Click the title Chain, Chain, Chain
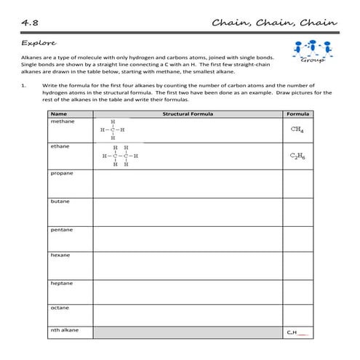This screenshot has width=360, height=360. [274, 22]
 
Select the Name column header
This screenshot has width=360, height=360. [59, 114]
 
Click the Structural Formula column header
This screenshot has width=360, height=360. [187, 114]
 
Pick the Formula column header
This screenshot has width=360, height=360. [298, 114]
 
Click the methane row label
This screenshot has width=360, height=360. [63, 121]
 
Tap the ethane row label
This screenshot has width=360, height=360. [60, 146]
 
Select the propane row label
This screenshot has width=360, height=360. [63, 174]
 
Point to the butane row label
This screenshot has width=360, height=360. [60, 201]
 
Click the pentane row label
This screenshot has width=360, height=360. [63, 229]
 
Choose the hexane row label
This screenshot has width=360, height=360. [61, 255]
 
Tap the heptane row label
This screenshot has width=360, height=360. [63, 283]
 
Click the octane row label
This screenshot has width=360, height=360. [60, 308]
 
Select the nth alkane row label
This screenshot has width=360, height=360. [65, 330]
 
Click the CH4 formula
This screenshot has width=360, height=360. [297, 129]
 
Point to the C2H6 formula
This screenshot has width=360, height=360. [297, 156]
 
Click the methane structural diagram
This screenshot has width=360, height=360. [113, 130]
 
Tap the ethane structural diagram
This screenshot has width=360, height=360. [120, 156]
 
